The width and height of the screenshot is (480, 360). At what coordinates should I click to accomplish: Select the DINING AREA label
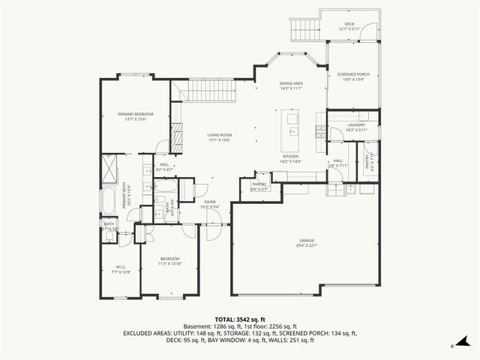(291, 84)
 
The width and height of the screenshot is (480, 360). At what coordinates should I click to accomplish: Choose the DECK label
(349, 23)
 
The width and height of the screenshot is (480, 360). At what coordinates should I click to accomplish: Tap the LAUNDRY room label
(356, 125)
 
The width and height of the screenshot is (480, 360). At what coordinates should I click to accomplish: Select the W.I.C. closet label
(121, 267)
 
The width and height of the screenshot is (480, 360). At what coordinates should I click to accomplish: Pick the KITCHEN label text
(290, 157)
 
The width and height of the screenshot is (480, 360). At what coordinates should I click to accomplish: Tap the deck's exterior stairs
(304, 30)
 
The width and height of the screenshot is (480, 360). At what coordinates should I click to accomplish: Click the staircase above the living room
(209, 92)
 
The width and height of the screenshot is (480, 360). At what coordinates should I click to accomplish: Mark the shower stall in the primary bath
(109, 164)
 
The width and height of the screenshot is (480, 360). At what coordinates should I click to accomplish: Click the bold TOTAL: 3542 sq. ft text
(239, 319)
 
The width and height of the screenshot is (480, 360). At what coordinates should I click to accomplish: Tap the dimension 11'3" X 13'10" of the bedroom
(169, 263)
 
